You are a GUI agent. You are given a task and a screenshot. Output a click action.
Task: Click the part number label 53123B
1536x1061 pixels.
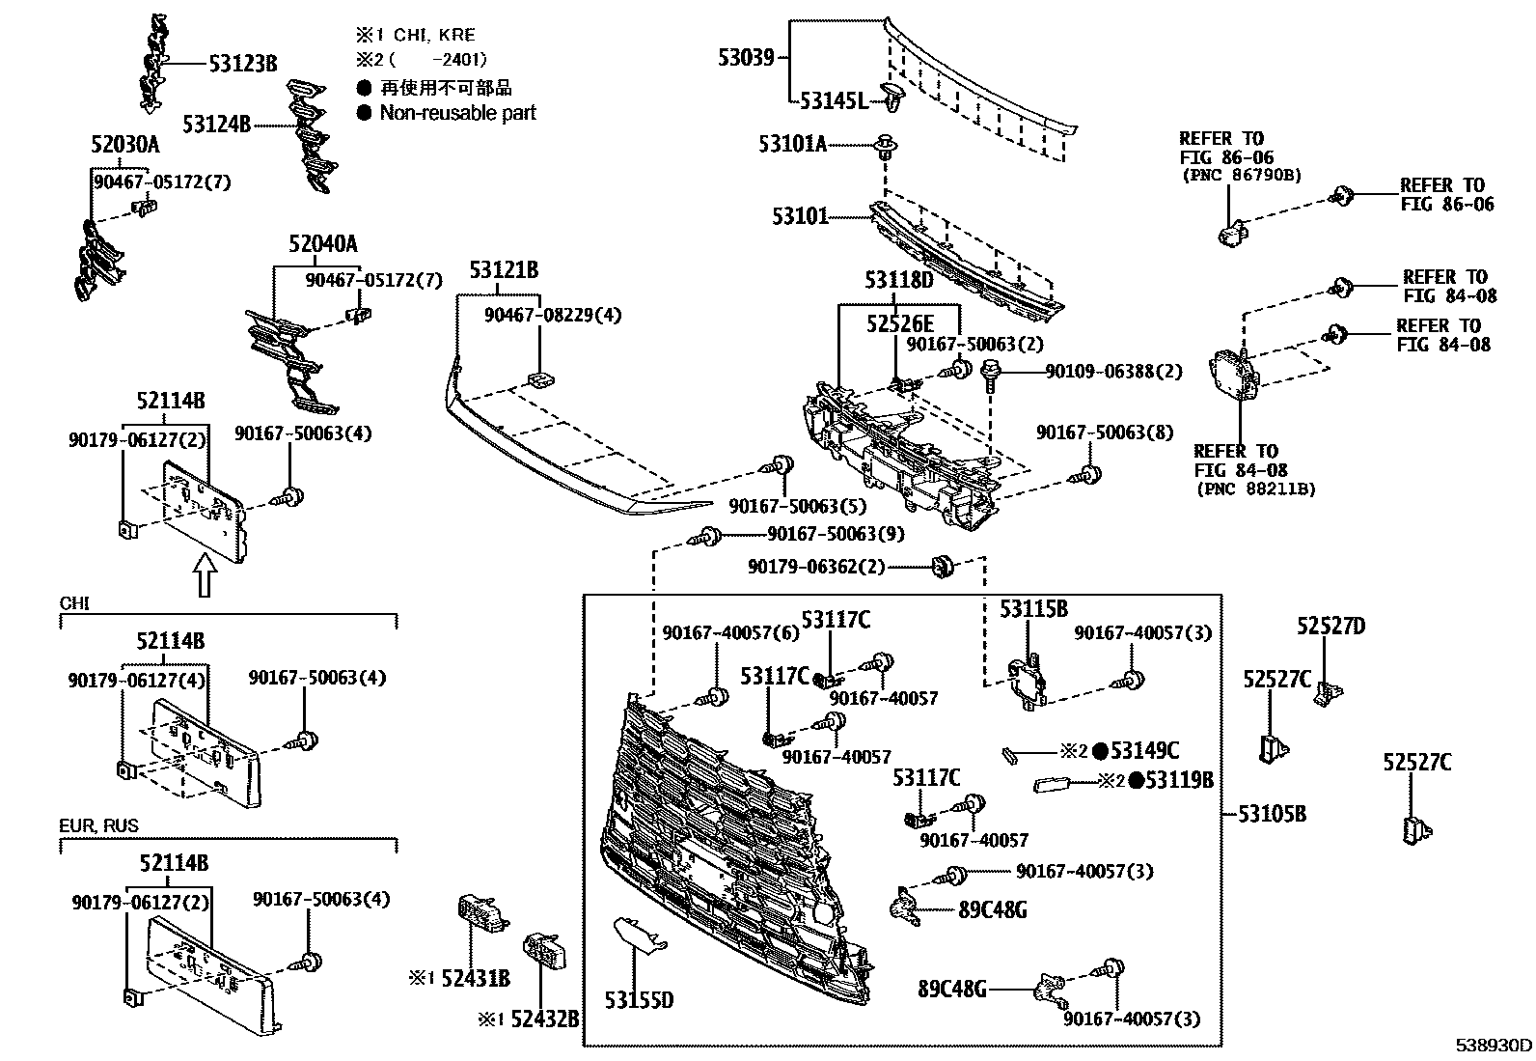(242, 64)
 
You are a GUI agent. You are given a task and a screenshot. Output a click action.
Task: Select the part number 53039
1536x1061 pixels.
(746, 57)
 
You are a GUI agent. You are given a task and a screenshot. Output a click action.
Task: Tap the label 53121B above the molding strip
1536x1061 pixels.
(504, 270)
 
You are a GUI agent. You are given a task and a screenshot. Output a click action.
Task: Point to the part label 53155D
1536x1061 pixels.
(639, 999)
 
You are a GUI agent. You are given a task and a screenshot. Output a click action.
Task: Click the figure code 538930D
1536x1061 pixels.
(1494, 1046)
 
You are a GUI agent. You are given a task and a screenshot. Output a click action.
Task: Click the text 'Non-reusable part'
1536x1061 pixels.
(457, 113)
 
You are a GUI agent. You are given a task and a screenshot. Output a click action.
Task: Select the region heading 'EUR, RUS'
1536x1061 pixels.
(98, 825)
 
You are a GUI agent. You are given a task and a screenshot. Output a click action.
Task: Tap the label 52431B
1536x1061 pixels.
(475, 980)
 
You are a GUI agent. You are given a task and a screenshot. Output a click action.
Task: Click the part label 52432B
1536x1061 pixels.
(544, 1018)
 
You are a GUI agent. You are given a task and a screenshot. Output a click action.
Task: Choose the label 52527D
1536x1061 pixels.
(1330, 627)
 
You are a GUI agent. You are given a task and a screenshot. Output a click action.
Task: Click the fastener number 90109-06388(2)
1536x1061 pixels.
(1113, 371)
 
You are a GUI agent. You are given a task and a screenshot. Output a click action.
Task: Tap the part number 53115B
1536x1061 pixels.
(1033, 609)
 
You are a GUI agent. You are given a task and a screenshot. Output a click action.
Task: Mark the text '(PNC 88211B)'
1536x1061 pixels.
(1254, 489)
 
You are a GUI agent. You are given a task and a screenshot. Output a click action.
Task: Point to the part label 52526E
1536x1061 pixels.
(899, 323)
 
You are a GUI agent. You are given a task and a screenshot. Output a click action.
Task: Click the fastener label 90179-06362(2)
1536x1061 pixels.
(815, 567)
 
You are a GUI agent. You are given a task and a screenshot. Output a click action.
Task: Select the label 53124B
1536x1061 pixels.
(216, 124)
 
